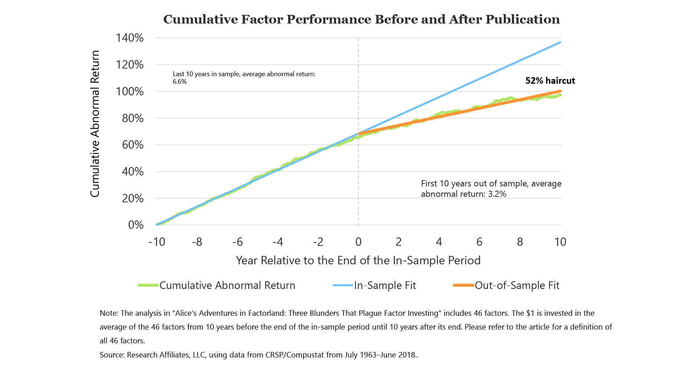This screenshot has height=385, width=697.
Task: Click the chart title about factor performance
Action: point(362,19)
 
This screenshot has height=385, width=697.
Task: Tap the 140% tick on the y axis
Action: point(130,38)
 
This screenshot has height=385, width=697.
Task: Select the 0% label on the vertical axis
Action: point(136,225)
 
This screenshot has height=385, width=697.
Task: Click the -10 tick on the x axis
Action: point(156,242)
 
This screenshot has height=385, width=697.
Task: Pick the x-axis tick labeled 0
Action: point(358,242)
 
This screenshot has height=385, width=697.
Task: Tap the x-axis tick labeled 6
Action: point(479,242)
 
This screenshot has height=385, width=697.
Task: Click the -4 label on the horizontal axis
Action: point(277,242)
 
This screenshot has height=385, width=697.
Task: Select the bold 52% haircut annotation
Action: point(550,80)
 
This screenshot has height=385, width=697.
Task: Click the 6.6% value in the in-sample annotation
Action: point(180,82)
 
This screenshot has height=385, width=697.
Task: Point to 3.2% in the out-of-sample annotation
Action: point(497,194)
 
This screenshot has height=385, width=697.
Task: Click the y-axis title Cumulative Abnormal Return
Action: point(95,124)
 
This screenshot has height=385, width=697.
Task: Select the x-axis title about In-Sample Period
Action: point(358,260)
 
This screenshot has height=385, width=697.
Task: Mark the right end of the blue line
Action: point(561,42)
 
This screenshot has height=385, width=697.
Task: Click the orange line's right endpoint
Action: point(560,91)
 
